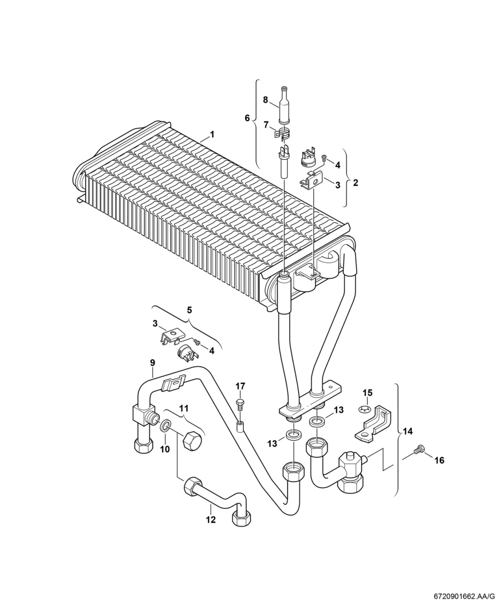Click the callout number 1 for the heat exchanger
click(x=212, y=135)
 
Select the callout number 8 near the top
click(x=266, y=100)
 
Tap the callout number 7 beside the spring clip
click(x=266, y=125)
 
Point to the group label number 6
click(x=247, y=118)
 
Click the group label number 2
click(x=356, y=183)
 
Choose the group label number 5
click(x=189, y=310)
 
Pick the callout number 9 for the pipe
click(x=153, y=362)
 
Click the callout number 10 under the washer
click(x=165, y=449)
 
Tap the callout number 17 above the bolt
click(x=240, y=386)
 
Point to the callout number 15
click(x=368, y=393)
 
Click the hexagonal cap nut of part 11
click(x=193, y=446)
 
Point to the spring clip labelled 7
click(x=281, y=134)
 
